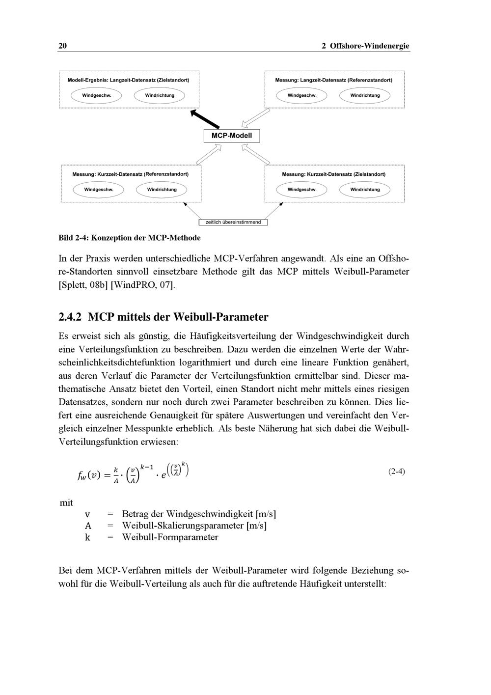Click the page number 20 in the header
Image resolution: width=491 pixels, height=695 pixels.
tap(62, 46)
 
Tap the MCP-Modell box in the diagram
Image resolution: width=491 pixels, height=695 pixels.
tap(232, 136)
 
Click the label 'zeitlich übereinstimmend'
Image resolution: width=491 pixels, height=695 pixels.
tap(233, 222)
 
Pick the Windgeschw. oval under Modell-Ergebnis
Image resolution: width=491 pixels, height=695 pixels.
tap(96, 95)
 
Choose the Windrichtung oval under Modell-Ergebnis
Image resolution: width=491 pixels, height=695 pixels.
tap(160, 95)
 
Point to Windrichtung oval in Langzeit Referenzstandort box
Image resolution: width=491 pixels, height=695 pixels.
tap(365, 95)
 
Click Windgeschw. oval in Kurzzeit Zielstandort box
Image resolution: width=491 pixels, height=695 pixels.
tap(302, 190)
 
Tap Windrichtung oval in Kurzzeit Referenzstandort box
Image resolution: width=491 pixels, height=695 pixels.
tap(162, 190)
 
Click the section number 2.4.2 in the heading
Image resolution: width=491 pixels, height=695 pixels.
tap(71, 317)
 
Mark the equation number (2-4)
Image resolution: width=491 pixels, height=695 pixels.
tap(396, 472)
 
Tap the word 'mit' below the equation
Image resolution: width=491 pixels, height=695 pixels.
tap(66, 503)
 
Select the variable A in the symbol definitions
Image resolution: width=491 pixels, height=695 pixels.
tap(88, 526)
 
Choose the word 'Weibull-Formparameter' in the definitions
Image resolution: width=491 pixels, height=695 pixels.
tap(170, 537)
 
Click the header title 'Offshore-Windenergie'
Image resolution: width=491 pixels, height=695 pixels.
tap(369, 46)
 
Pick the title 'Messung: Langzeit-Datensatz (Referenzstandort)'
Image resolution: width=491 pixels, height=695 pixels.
tap(333, 80)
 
